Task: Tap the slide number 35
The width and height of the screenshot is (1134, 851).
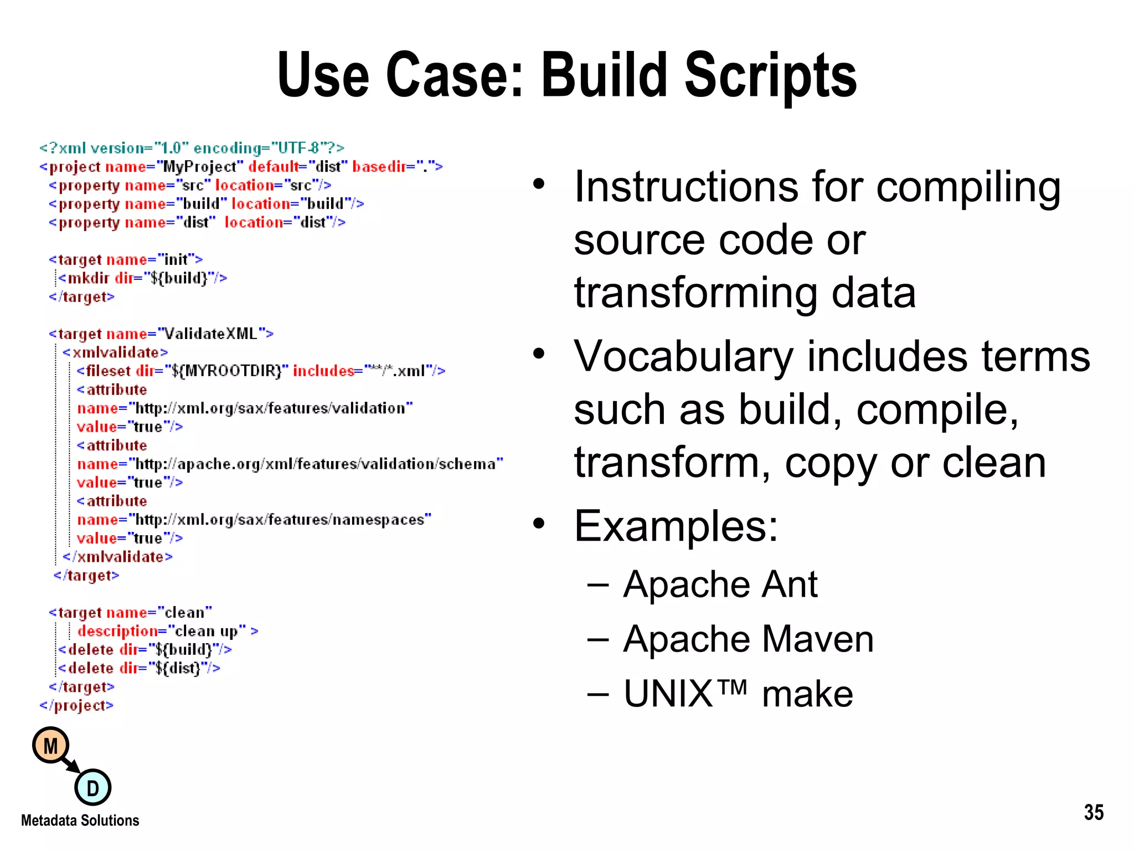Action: coord(1094,812)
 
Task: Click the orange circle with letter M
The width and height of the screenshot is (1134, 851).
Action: coord(50,746)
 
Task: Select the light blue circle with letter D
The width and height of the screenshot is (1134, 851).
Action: coord(92,787)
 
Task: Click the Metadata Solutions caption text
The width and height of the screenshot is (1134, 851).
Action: coord(80,821)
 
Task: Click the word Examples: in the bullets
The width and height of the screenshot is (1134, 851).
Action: coord(676,526)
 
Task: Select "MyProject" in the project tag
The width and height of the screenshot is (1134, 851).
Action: coord(200,167)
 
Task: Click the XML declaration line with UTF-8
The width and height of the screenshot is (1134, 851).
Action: coord(192,148)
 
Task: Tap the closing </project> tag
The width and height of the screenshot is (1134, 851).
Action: coord(76,705)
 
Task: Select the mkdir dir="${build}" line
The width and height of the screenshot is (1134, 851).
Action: coord(143,278)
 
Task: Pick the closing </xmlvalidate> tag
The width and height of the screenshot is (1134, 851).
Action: coord(117,557)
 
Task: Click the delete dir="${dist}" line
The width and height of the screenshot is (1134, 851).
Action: coord(139,668)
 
